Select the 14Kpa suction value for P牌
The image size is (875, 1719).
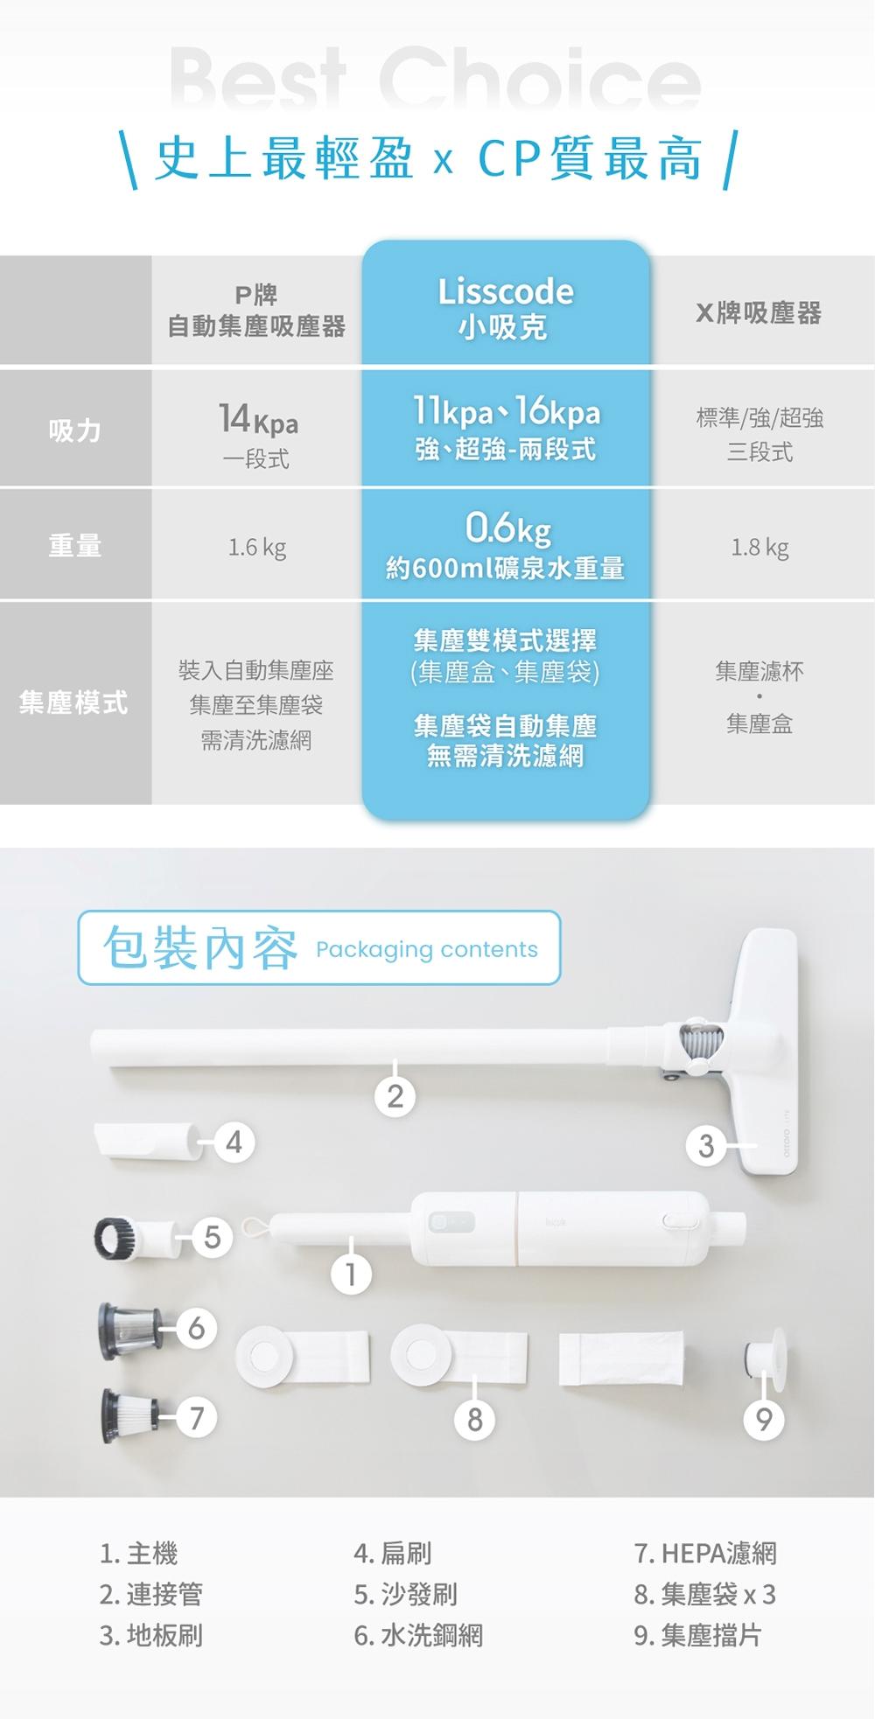click(257, 421)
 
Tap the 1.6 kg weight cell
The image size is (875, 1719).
click(256, 548)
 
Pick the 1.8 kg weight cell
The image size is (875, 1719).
click(759, 548)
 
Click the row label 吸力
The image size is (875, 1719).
click(75, 430)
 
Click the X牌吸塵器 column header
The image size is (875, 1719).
click(759, 312)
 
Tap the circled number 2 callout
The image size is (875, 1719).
click(395, 1095)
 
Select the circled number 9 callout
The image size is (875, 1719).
click(764, 1419)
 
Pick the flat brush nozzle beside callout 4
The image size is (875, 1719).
click(146, 1143)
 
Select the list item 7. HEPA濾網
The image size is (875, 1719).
click(705, 1553)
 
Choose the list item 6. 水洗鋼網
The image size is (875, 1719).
click(417, 1635)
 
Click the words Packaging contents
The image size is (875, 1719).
click(426, 949)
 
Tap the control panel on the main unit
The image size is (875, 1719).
click(451, 1222)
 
